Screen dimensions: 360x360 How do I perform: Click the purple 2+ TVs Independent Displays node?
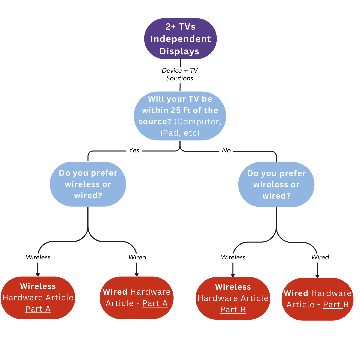180,39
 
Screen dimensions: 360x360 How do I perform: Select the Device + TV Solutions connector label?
180,74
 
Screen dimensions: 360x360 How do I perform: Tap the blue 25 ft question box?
180,116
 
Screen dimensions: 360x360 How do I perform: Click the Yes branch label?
134,150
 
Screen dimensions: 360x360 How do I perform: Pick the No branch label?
226,150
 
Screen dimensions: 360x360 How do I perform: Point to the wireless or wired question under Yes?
88,184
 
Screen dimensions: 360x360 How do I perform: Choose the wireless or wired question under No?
276,184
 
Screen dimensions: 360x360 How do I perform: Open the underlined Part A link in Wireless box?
38,309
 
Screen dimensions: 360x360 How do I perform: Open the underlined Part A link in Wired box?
155,303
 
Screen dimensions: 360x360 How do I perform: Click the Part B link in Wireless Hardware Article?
233,310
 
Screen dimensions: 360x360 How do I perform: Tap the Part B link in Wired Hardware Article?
336,305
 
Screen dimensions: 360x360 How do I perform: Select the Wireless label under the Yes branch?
38,257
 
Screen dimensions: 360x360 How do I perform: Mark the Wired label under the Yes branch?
137,257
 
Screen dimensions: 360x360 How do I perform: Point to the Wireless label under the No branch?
233,257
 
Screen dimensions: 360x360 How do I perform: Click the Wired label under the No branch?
320,257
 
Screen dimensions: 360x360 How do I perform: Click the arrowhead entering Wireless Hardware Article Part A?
38,274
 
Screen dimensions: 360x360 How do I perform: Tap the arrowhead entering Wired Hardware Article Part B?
317,276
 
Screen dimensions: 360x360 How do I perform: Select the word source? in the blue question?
155,122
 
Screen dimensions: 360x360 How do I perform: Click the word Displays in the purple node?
179,51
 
